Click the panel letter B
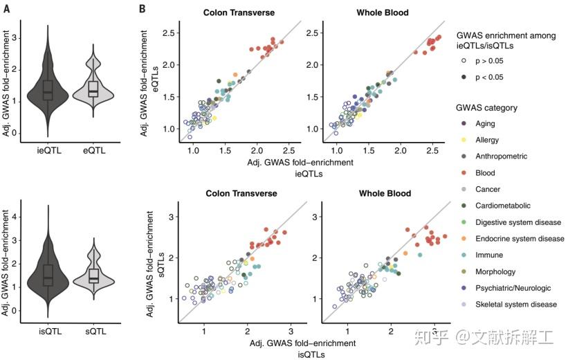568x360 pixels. (x=142, y=8)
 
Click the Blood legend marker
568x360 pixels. (x=461, y=173)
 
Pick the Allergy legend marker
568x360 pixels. (x=461, y=140)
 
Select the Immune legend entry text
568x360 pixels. (x=488, y=255)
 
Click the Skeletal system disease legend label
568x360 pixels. (x=515, y=305)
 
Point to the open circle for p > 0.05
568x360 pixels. (x=461, y=61)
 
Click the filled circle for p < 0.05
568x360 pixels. (x=461, y=78)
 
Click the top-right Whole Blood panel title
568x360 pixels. (x=383, y=12)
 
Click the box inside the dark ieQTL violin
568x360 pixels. (x=48, y=90)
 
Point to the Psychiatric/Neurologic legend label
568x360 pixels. (x=513, y=288)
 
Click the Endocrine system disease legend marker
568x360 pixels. (x=461, y=239)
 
